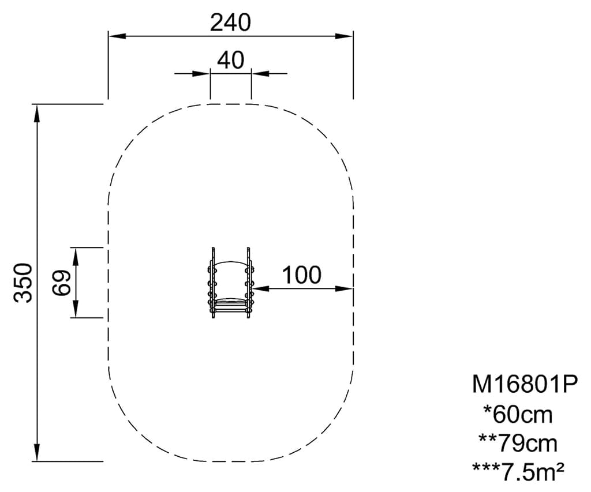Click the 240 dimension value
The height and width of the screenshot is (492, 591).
click(x=230, y=22)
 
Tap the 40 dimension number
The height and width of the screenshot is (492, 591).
click(x=231, y=60)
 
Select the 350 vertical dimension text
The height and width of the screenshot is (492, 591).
click(x=23, y=283)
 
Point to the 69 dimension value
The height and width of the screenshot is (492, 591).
click(x=61, y=283)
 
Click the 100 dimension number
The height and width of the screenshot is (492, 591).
click(x=301, y=275)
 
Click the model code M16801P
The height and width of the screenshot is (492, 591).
click(x=525, y=385)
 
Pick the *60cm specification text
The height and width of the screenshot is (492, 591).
click(x=518, y=414)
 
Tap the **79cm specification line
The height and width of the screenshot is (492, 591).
click(x=518, y=443)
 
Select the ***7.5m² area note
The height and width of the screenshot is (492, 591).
click(x=518, y=472)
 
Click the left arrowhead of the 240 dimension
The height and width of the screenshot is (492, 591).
click(x=117, y=36)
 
